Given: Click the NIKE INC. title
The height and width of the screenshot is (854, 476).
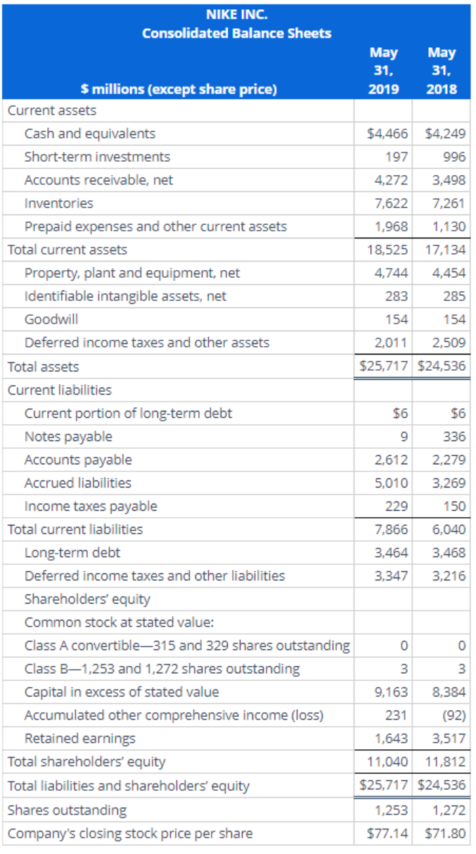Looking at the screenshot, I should (x=237, y=13).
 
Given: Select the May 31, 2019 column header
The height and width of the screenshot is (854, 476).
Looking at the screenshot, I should (x=383, y=70).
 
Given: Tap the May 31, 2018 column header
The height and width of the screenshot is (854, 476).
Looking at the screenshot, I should (x=442, y=70).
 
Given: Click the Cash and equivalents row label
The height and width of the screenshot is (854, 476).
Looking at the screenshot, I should (x=90, y=134).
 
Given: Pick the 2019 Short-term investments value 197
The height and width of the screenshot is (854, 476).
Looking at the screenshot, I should (x=398, y=157).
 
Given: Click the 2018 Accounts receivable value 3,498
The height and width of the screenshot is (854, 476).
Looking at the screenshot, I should (x=450, y=180).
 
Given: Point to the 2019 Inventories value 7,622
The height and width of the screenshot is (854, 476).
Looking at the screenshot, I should (x=392, y=203).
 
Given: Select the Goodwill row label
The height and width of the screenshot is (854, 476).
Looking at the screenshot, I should (x=51, y=319).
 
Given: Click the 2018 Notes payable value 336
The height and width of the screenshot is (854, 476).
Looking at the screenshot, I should (x=455, y=436).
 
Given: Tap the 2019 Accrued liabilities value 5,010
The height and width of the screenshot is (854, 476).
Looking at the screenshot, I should (x=392, y=483).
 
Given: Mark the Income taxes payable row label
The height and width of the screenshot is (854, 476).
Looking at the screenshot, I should (x=91, y=506).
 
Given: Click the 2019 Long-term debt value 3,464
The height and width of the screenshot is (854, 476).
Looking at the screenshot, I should (x=392, y=552).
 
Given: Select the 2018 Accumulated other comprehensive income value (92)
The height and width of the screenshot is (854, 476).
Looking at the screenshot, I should (x=453, y=715).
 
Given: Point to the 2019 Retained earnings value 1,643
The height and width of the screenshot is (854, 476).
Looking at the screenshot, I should (x=392, y=739).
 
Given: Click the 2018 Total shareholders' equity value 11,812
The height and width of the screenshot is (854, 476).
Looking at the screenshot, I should (x=446, y=762).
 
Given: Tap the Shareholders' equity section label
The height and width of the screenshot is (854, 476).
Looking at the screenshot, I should (x=87, y=599).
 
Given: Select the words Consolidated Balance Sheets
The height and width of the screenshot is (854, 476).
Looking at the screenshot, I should (x=237, y=33).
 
